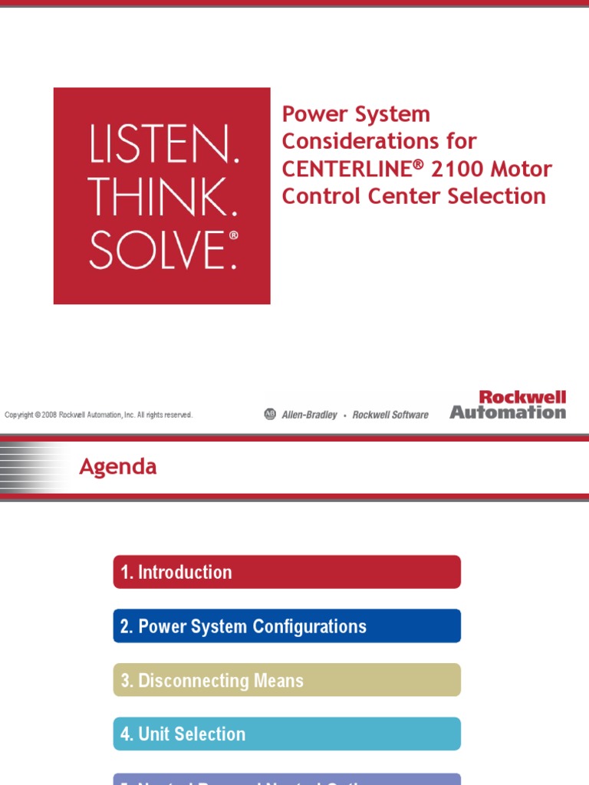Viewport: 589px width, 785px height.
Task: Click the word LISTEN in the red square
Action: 164,146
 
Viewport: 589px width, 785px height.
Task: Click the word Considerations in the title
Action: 379,141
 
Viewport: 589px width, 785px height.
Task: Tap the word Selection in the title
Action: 499,196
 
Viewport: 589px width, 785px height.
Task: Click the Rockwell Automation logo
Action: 508,405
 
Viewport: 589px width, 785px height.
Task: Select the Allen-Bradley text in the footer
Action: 309,415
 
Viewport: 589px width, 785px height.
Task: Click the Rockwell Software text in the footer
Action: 390,415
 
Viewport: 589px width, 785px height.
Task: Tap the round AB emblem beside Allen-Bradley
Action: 269,414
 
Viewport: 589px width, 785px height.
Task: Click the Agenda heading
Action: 118,467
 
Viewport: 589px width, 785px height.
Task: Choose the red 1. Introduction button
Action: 287,572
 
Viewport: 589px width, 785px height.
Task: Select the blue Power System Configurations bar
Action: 287,626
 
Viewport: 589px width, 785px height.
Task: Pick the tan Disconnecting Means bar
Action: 287,680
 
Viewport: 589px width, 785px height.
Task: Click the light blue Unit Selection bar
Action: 287,734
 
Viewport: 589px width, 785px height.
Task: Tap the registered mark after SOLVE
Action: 233,236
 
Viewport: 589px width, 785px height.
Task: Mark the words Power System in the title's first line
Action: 356,114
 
